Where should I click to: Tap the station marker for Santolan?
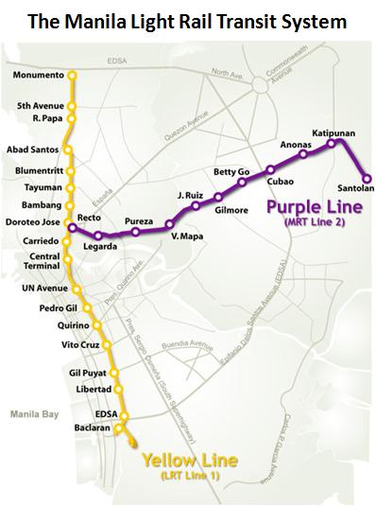367,177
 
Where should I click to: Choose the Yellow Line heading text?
189,461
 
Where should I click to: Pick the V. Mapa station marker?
170,224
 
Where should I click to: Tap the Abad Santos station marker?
69,149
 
